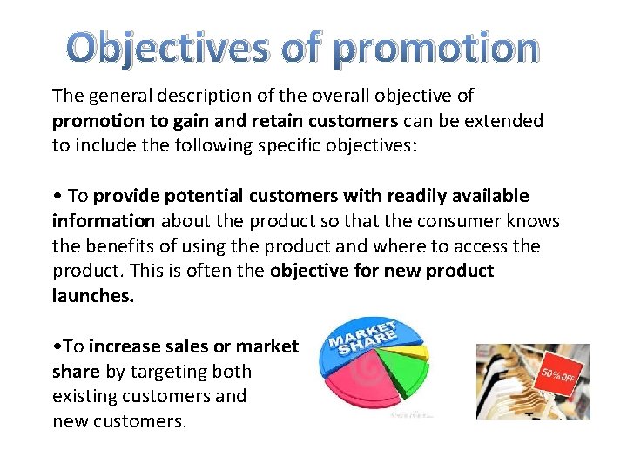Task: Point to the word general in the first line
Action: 119,96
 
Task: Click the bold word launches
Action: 93,296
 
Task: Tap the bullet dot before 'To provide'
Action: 56,197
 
